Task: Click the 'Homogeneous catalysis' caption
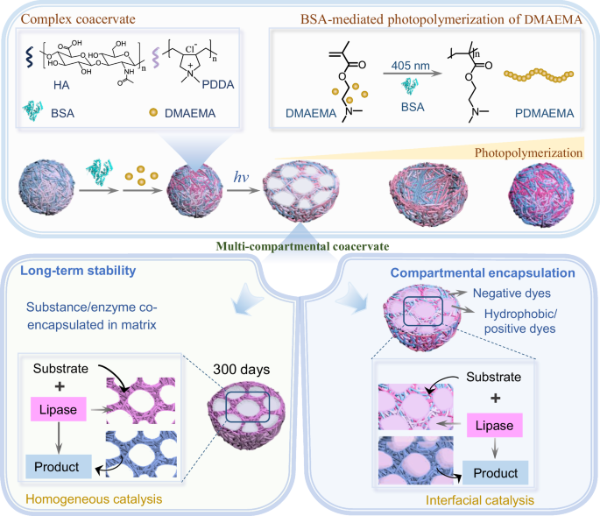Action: pyautogui.click(x=89, y=499)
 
